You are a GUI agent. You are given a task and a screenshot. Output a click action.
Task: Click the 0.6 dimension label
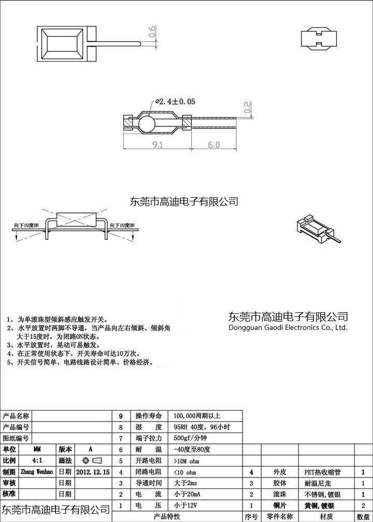(152, 32)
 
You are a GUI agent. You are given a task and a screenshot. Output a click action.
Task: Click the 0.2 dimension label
(247, 107)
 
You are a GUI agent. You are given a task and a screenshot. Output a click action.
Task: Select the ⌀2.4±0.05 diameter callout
(175, 102)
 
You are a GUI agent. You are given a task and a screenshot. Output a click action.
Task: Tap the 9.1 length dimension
(157, 145)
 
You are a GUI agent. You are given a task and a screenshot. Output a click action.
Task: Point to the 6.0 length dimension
(213, 145)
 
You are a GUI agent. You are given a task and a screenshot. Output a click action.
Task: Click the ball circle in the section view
(147, 125)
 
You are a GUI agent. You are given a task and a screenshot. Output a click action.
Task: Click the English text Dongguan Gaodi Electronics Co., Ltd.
(288, 327)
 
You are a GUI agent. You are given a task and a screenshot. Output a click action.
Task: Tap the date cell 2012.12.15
(93, 472)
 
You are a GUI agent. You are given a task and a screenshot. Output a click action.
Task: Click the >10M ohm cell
(187, 461)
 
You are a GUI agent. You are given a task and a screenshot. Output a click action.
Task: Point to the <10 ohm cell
(185, 472)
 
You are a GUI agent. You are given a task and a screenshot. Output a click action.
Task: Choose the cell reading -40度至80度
(192, 450)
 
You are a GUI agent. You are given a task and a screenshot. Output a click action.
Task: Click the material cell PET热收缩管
(322, 472)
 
